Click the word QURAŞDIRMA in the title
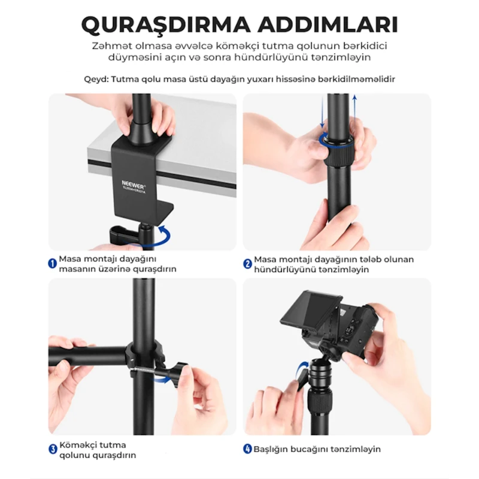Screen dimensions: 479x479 (x=165, y=25)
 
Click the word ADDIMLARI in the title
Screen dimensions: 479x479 (x=328, y=25)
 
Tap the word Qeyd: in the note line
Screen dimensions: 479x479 (x=96, y=80)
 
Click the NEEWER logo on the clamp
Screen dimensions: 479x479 (x=134, y=184)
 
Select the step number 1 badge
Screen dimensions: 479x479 (x=53, y=263)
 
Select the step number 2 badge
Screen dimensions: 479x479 (x=247, y=263)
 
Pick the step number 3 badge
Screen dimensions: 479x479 (x=53, y=450)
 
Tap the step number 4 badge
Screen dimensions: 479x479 (x=247, y=449)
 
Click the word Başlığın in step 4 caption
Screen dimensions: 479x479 (x=271, y=450)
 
